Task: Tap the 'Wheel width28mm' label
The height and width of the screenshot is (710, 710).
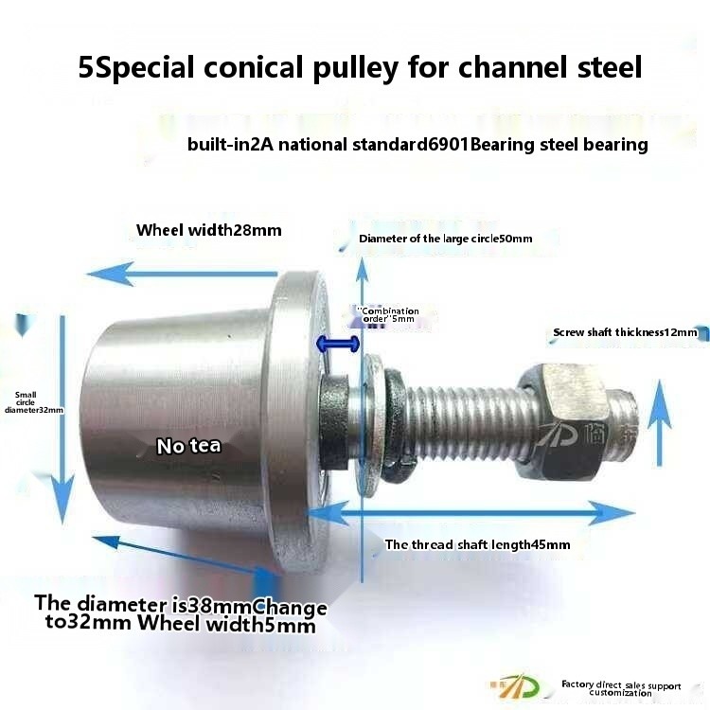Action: tap(208, 230)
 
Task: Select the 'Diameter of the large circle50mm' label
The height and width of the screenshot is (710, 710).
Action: tap(445, 239)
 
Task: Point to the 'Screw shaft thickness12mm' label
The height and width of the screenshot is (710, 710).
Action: tap(625, 332)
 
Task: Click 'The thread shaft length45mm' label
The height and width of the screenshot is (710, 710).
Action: tap(477, 544)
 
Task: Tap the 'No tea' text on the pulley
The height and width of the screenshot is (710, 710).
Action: tap(189, 445)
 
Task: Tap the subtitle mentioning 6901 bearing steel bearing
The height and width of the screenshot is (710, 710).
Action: tap(417, 145)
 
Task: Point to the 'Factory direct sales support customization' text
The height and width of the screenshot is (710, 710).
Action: tap(620, 688)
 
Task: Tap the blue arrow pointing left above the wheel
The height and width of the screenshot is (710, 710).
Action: tap(180, 275)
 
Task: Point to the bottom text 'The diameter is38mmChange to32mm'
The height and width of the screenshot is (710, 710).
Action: tap(180, 614)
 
